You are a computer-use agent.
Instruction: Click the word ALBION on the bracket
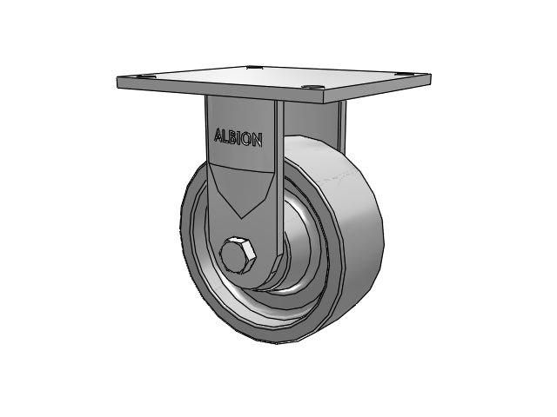coord(238,137)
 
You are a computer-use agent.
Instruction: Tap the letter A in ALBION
coord(218,135)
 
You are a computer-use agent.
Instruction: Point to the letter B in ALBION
coord(232,136)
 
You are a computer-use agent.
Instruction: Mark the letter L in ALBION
coord(225,136)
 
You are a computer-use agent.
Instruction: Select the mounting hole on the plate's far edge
coord(253,67)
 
